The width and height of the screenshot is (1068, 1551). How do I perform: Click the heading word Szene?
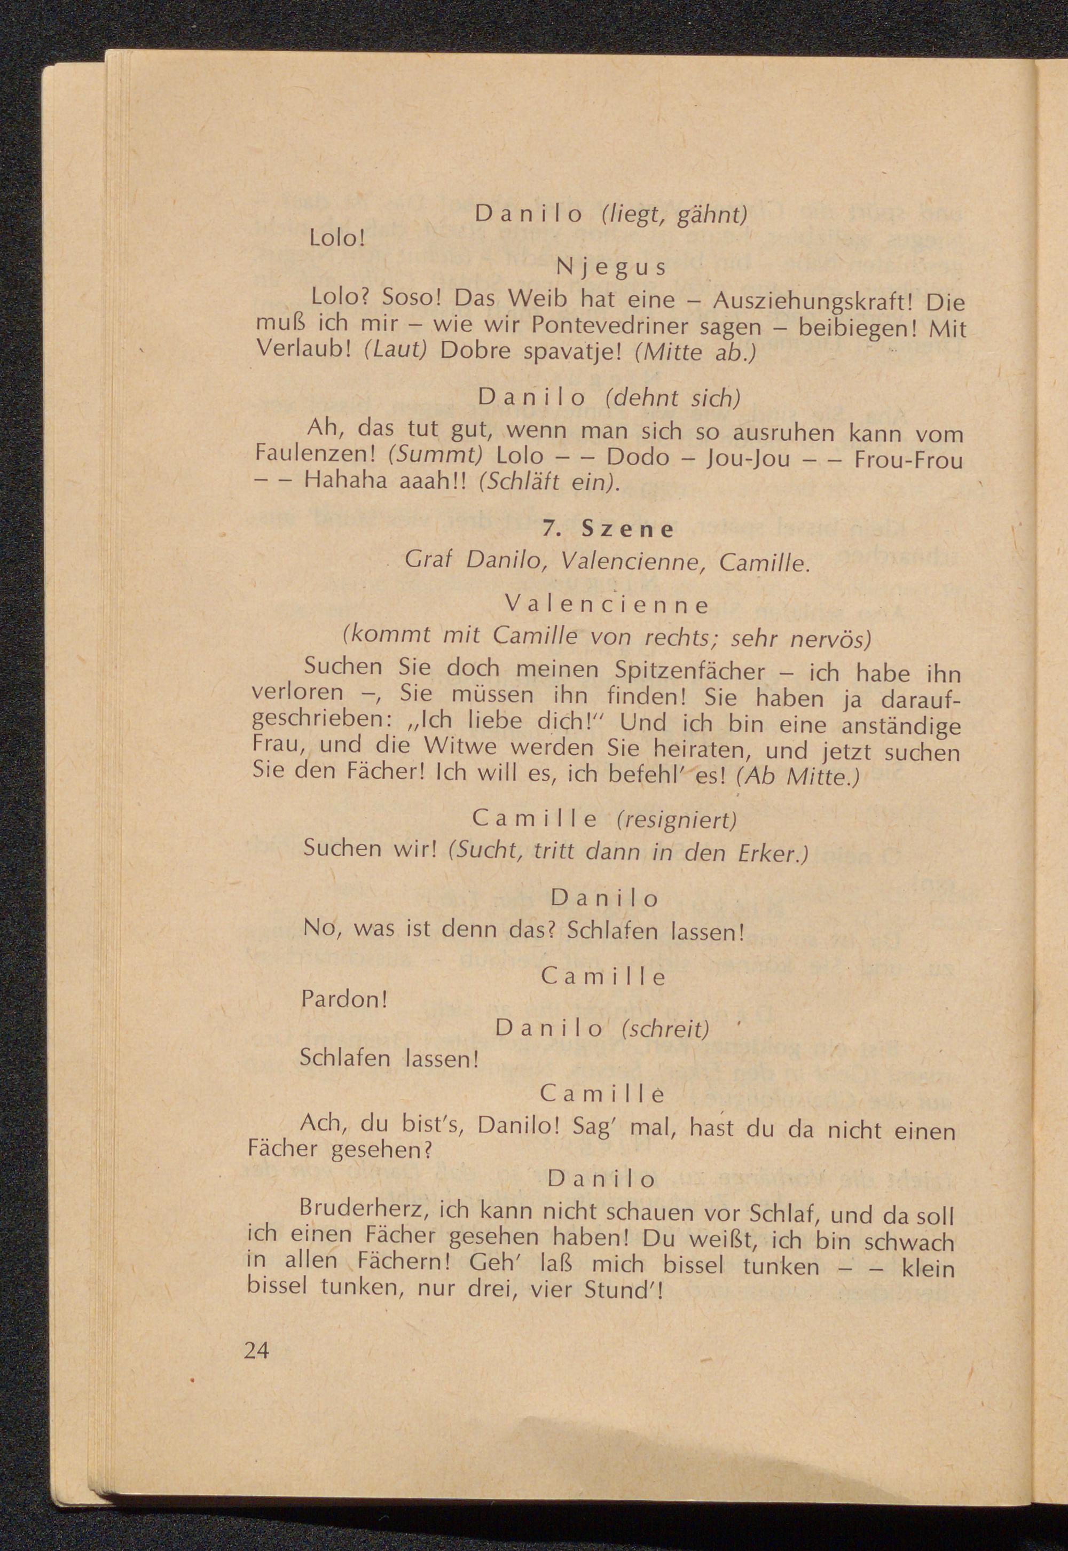click(x=627, y=529)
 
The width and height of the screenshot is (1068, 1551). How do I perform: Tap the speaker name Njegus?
click(x=611, y=268)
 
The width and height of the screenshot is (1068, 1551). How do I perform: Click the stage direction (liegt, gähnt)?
click(x=672, y=215)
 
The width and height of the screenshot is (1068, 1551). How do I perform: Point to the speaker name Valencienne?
click(x=607, y=605)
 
